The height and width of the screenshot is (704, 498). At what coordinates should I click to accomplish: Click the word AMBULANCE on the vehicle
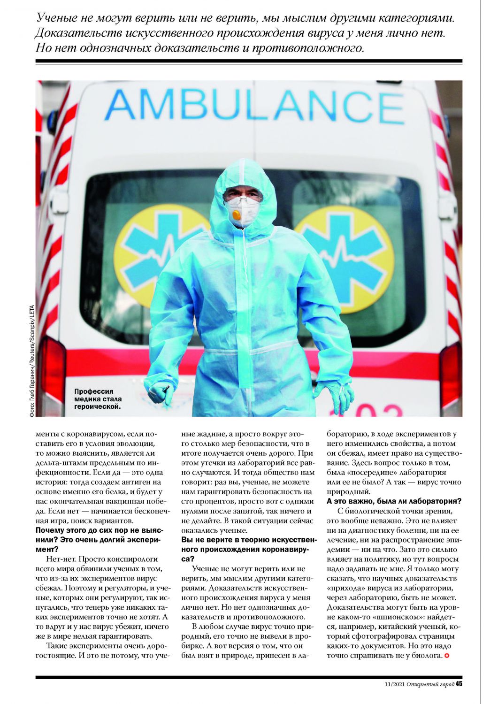[x=254, y=106]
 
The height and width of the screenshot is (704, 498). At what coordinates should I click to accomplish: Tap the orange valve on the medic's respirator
[x=237, y=215]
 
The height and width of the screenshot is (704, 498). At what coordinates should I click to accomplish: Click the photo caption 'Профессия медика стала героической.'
[x=97, y=398]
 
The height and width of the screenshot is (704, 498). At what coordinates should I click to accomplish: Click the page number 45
[x=459, y=684]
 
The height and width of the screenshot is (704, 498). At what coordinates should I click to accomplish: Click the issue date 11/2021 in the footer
[x=393, y=684]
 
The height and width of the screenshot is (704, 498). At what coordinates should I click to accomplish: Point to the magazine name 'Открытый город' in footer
[x=430, y=684]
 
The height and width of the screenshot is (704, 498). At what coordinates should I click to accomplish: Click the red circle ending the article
[x=446, y=655]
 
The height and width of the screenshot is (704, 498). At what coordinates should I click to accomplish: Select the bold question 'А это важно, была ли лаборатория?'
[x=394, y=501]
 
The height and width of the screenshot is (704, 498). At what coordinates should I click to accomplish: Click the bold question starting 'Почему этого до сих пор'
[x=100, y=539]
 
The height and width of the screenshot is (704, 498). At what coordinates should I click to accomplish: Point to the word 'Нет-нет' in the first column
[x=61, y=559]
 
